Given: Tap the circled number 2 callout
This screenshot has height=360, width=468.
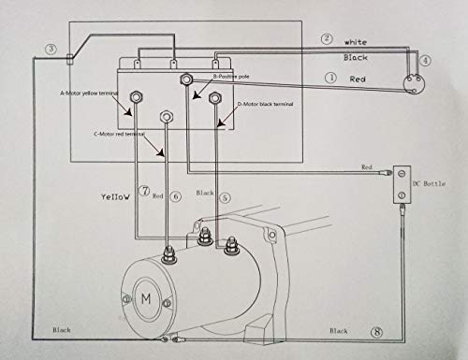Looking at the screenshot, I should point(327,39).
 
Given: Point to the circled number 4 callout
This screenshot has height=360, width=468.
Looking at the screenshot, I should point(426,61).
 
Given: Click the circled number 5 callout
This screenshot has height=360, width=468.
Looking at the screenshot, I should point(224,198).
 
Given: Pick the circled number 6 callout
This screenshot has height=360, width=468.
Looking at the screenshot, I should point(176,196).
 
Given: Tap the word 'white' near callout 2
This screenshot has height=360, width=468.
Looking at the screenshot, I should point(357,42).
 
